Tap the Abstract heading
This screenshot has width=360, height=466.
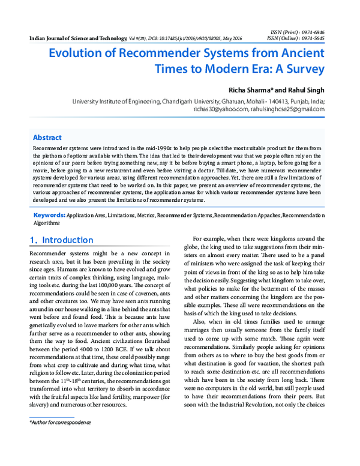[47, 138]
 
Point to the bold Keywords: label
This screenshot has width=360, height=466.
[49, 214]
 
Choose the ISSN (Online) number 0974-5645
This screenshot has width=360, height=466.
[311, 37]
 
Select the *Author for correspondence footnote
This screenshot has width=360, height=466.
[60, 423]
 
